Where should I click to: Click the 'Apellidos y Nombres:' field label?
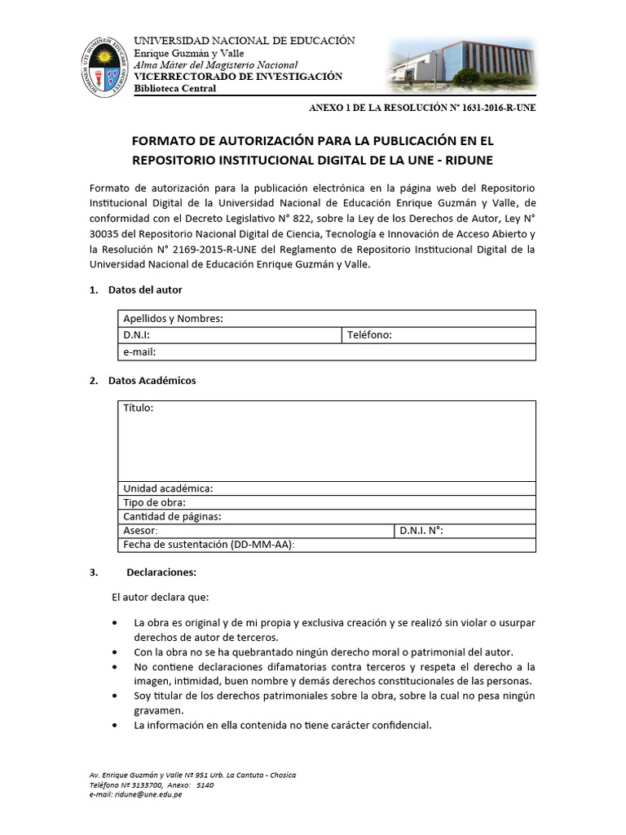point(173,318)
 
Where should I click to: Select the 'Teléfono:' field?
point(369,335)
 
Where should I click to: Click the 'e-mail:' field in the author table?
point(139,352)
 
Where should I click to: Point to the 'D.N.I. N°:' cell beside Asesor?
point(421,530)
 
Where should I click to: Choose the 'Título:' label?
point(138,408)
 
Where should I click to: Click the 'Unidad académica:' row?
point(168,488)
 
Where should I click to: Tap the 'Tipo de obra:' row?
point(154,502)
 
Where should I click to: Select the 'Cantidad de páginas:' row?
point(172,516)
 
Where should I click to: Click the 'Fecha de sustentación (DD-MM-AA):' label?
point(209,544)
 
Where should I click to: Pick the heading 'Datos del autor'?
point(145,289)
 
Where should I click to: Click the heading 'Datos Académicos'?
point(152,381)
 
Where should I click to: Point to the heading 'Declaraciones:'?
point(161,572)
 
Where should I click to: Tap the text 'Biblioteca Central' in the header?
point(175,88)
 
